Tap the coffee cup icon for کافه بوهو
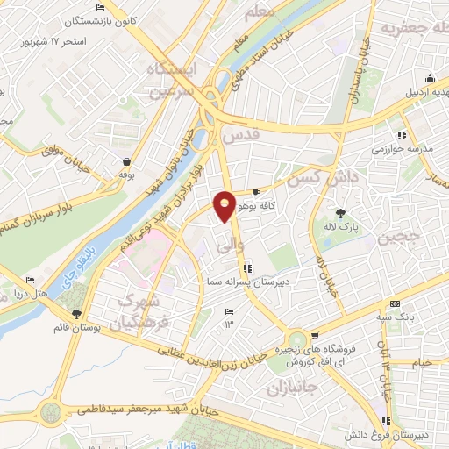tap(257, 192)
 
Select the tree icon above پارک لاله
tap(340, 212)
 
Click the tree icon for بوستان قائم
tap(76, 313)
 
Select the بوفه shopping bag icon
tap(128, 161)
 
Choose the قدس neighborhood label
tap(243, 137)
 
